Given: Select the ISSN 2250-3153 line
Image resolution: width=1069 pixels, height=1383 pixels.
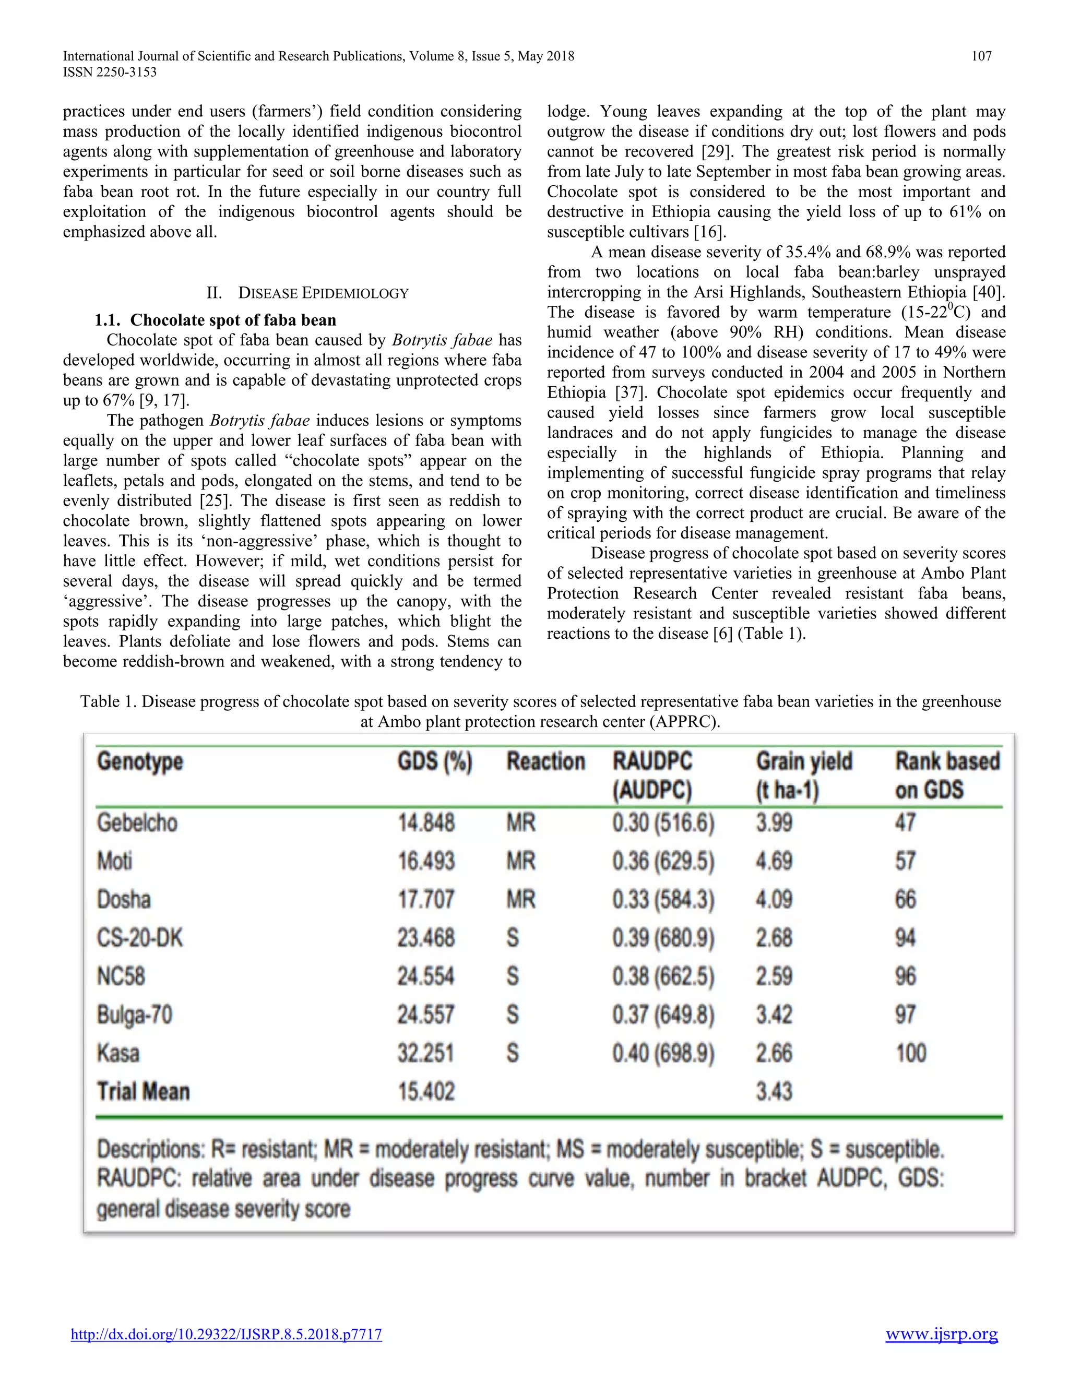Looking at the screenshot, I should tap(110, 72).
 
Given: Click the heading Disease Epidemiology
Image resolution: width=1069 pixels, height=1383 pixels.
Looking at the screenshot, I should tap(308, 293).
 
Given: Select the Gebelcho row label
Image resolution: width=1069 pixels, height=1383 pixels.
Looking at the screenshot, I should tap(137, 823).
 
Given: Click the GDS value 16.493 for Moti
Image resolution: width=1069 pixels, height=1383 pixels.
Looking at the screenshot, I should tap(425, 861).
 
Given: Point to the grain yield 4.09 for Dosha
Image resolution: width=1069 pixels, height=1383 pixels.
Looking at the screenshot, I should tap(773, 900).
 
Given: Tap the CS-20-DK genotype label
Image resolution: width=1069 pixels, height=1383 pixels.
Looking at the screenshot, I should tap(139, 938).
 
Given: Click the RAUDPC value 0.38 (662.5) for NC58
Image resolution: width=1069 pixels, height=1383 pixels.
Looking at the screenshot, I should tap(662, 976).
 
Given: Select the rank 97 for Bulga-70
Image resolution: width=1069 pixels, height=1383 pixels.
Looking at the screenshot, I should tap(905, 1015).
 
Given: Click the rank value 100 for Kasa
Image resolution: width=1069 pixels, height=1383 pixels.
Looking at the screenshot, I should tap(910, 1053).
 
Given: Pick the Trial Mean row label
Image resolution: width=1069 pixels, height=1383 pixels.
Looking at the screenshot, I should tap(143, 1092).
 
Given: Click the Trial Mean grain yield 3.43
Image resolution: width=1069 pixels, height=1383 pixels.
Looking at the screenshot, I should tap(773, 1092).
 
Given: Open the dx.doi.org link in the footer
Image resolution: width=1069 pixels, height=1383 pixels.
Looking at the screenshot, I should tap(226, 1335).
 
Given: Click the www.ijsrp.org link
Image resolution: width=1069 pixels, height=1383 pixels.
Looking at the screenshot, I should tap(941, 1334).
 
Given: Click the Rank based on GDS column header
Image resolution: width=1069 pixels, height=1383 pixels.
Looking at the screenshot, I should tap(947, 776).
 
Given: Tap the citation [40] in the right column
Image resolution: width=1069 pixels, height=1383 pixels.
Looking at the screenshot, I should tap(987, 293).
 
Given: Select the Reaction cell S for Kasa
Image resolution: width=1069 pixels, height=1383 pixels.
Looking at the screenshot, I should tap(513, 1053).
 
